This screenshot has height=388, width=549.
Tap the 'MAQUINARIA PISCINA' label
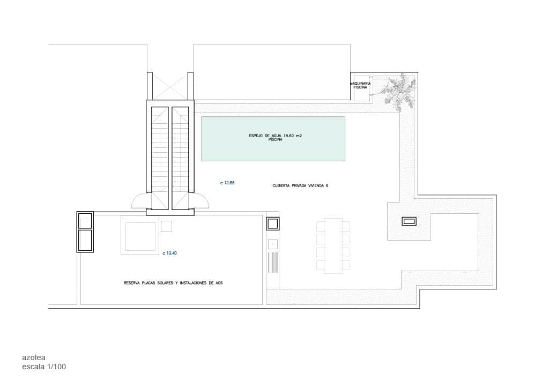pos(360,86)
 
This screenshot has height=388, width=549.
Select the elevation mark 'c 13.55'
pos(227,183)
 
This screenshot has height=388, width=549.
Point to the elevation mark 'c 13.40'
pos(169,253)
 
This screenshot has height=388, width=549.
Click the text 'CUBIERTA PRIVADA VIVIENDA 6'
pos(300,185)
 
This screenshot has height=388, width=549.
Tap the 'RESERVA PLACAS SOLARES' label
pos(173,282)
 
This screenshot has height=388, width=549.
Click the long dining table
pos(333,245)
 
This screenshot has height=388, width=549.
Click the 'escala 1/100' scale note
pos(44,367)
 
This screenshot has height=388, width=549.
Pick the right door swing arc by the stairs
pos(201,201)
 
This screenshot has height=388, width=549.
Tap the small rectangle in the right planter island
pos(409,221)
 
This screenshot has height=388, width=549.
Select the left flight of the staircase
pos(160,158)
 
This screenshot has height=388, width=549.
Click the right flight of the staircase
pos(180,158)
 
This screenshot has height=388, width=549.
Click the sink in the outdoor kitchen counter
pos(272,244)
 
